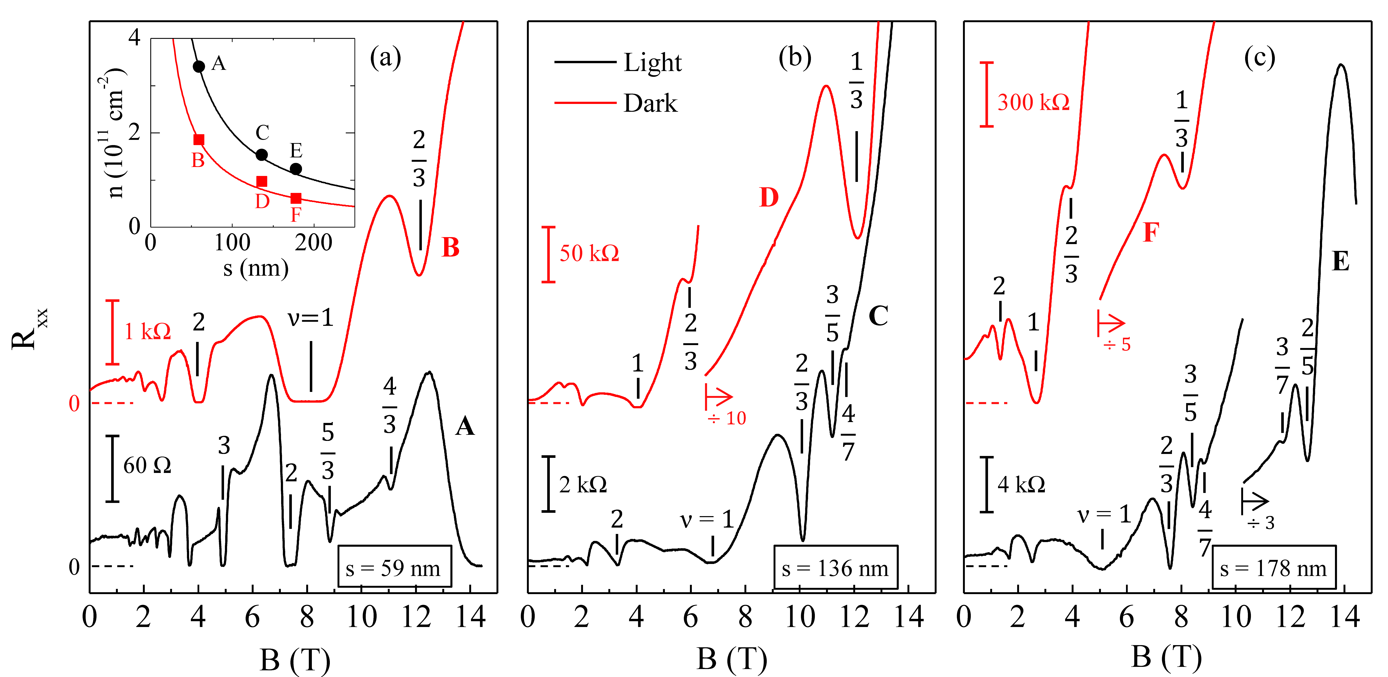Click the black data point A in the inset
[x=199, y=66]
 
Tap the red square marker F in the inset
[x=296, y=198]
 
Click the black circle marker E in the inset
[x=296, y=169]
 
